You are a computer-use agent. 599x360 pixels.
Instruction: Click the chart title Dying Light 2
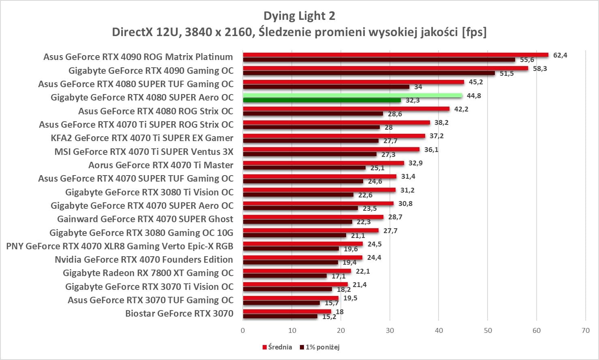299,16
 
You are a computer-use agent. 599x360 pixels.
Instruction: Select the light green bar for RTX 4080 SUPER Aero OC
353,95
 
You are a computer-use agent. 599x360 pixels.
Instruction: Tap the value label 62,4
560,55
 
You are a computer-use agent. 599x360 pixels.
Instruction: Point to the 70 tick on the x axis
586,330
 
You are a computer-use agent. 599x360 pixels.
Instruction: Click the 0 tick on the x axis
243,330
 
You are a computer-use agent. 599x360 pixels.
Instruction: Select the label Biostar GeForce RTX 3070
179,313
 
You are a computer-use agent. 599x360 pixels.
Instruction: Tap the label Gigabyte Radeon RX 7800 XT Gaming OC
148,273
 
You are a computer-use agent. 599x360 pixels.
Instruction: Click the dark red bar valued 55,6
379,60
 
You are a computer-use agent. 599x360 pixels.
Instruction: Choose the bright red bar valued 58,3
385,68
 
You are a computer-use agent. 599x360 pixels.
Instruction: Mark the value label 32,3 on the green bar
413,101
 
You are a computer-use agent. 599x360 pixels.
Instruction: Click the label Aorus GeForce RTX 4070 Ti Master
160,165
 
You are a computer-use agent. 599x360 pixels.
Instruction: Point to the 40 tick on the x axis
439,330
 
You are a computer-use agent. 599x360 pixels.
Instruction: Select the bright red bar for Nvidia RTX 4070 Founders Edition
302,257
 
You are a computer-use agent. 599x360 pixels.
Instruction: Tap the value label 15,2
329,317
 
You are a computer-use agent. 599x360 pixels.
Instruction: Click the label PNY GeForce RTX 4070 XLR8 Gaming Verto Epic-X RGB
120,246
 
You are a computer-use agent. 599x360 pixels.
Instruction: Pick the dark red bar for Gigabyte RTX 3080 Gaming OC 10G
294,235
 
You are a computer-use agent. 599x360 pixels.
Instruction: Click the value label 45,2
476,82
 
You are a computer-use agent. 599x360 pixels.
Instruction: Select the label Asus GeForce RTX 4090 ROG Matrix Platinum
138,57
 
